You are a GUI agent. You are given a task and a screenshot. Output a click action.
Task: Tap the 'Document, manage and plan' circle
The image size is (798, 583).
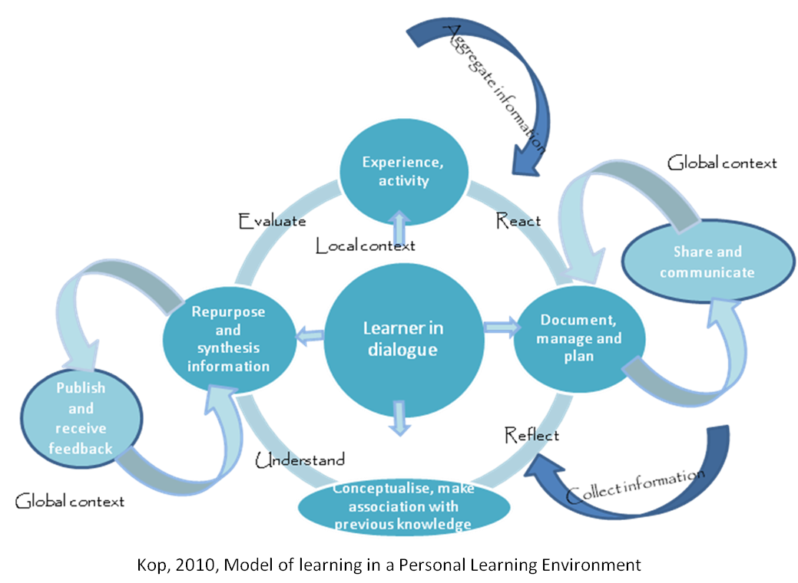(580, 339)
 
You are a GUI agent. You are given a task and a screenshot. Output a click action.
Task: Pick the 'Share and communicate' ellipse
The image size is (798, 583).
(707, 262)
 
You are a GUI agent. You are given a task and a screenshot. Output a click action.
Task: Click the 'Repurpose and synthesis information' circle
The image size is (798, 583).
(228, 339)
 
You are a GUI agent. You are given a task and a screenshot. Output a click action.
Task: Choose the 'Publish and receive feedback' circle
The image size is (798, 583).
(81, 419)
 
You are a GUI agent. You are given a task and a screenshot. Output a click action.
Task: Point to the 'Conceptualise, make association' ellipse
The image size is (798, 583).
(403, 506)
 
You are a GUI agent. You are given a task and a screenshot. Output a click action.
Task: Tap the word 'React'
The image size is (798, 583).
(518, 221)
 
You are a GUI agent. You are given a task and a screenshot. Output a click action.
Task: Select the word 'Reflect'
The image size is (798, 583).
(531, 435)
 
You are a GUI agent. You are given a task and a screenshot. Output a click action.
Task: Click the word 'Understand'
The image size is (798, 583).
(300, 459)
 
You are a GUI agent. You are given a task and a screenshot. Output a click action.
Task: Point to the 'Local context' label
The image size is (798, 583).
(366, 245)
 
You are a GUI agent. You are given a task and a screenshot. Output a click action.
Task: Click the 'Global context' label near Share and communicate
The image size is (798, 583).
(722, 163)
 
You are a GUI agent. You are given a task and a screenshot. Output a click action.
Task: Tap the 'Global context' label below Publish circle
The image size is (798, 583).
(70, 501)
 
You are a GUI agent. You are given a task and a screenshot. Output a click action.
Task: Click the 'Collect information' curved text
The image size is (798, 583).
(634, 486)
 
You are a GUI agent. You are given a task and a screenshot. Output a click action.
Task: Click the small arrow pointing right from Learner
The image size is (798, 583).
(499, 328)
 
